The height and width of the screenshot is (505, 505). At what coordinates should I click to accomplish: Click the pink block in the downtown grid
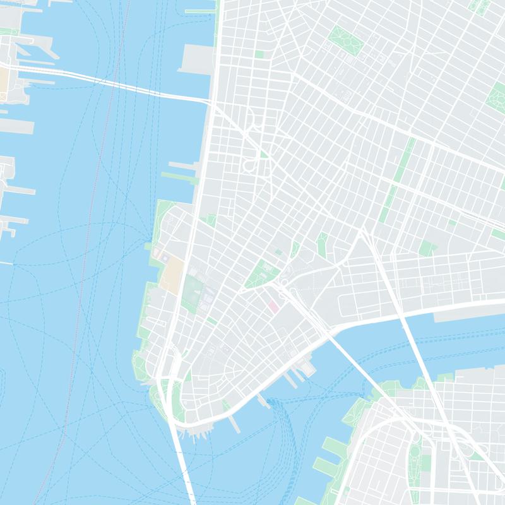pos(273,306)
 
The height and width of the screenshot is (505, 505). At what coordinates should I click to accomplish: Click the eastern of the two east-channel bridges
pos(417,353)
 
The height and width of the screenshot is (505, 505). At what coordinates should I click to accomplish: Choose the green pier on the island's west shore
pos(180,175)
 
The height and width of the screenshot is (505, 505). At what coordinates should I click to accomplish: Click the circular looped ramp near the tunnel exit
pos(251,165)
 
